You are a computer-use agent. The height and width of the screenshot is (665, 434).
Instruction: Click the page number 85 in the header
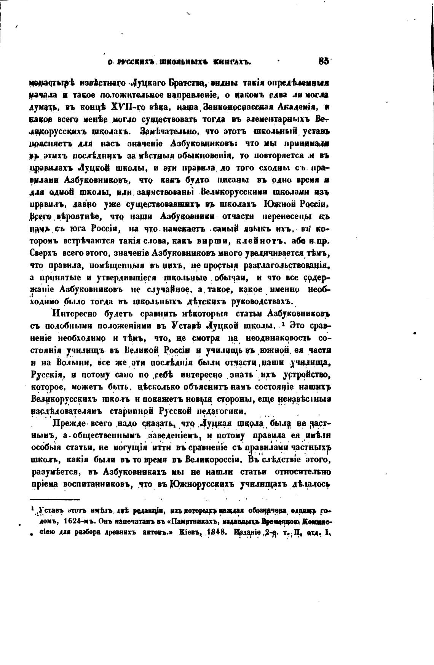pos(325,62)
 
